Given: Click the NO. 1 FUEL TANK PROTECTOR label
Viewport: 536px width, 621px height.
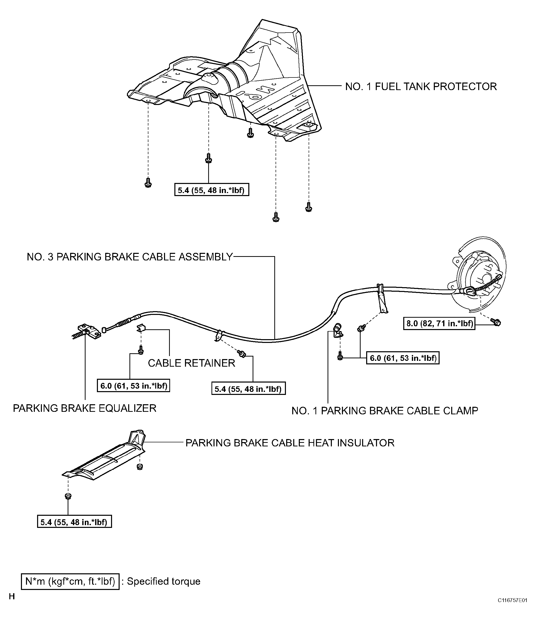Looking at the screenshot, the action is [x=421, y=87].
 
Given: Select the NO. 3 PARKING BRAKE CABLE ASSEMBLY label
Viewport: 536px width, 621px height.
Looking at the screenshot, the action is [x=130, y=257].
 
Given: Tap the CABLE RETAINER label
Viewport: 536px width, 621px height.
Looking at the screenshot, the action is [x=192, y=363].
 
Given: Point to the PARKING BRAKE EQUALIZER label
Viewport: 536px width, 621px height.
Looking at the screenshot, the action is [x=85, y=408].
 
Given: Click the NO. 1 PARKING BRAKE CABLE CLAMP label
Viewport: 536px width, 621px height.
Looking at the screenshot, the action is [x=385, y=411].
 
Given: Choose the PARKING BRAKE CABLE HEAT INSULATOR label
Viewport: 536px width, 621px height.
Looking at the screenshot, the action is [x=290, y=443].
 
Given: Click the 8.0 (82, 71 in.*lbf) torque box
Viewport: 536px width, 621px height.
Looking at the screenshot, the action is [x=439, y=323].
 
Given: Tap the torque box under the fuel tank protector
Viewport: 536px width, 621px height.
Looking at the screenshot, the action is [x=212, y=190].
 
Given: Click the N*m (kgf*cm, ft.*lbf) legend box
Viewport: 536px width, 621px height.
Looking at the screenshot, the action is [x=70, y=581].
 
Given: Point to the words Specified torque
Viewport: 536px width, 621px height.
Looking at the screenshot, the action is [x=164, y=581].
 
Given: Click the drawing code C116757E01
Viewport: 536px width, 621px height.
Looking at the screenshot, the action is [x=512, y=609].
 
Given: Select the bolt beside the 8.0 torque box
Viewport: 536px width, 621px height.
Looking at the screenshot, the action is [x=496, y=322].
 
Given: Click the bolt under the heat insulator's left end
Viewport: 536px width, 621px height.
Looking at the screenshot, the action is [x=68, y=496].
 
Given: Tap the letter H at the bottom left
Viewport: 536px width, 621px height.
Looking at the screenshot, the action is [x=12, y=605].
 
